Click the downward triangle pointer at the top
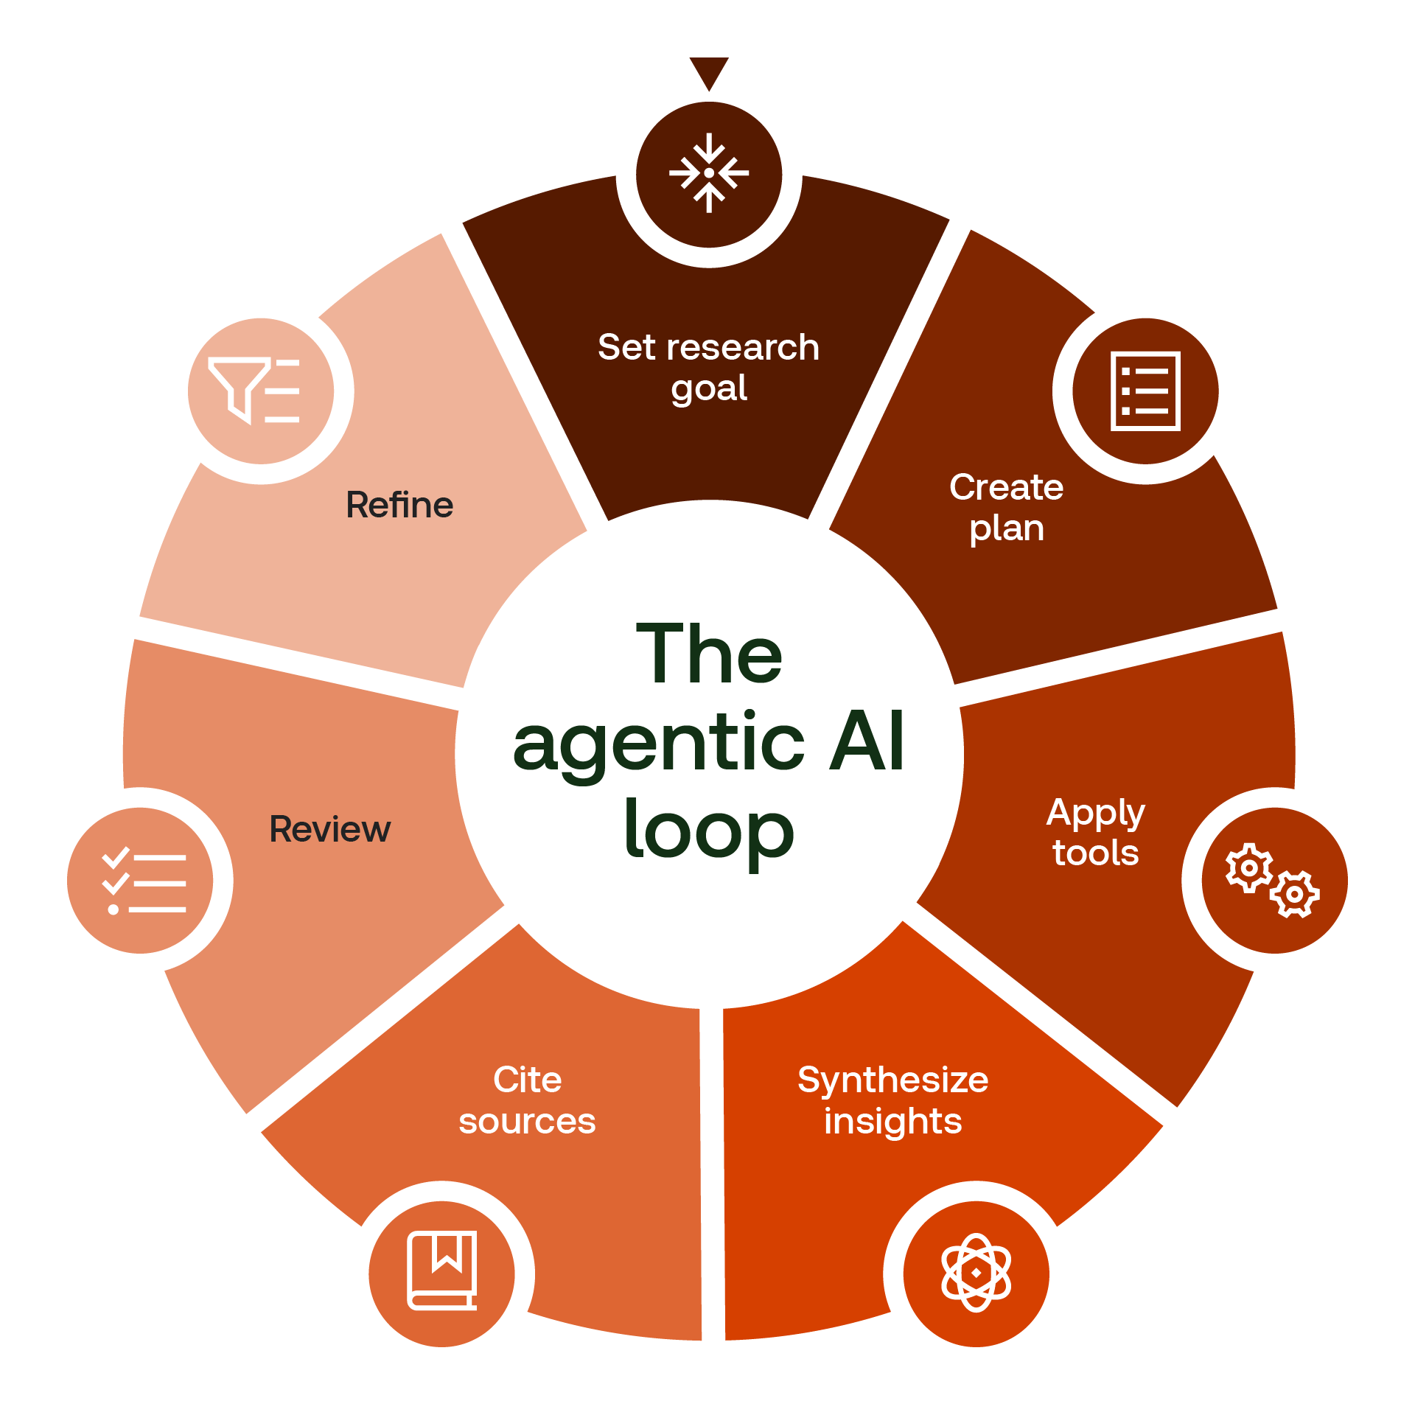tap(709, 71)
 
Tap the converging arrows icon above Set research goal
tap(709, 174)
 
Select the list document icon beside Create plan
tap(1145, 391)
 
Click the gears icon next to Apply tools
tap(1273, 880)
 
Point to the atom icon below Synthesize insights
tap(976, 1273)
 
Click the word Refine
tap(399, 506)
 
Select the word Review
tap(329, 829)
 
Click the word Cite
tap(528, 1080)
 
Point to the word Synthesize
tap(892, 1080)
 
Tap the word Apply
tap(1095, 814)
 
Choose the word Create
tap(1006, 487)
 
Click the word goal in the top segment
tap(709, 389)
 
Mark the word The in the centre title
tap(709, 654)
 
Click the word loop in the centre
tap(709, 831)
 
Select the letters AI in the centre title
tap(867, 742)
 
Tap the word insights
tap(892, 1122)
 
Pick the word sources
tap(527, 1122)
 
